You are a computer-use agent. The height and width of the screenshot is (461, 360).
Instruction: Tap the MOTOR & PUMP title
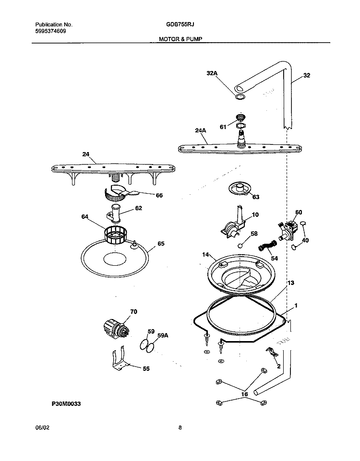178,40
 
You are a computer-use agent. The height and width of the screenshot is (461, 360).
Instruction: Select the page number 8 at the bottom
179,427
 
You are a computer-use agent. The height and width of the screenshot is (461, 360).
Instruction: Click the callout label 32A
212,73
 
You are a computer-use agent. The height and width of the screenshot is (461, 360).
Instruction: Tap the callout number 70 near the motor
133,312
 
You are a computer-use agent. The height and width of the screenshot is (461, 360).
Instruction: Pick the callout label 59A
163,336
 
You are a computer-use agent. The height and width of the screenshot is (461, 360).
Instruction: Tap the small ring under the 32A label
240,97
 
